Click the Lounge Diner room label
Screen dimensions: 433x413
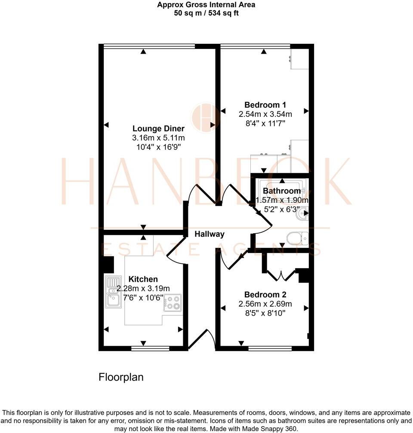158,128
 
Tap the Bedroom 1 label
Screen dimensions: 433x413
265,105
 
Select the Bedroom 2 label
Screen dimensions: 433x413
265,295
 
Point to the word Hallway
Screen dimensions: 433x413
210,234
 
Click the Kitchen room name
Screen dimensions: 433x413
143,279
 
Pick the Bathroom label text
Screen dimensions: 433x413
282,191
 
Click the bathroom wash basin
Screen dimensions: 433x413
303,213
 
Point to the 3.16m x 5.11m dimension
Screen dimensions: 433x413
158,138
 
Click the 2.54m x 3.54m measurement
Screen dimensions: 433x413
265,114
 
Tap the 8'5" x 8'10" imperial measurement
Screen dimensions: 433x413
265,313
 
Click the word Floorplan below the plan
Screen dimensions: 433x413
121,377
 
